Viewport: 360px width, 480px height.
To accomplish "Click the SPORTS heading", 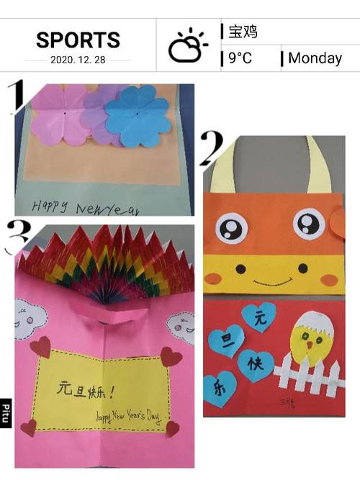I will [78, 40].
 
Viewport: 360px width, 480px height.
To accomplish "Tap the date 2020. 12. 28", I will [78, 60].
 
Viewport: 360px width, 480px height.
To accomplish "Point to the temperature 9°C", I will [240, 58].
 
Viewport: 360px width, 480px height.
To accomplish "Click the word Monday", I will [315, 58].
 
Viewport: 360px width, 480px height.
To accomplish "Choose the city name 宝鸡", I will [243, 32].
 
